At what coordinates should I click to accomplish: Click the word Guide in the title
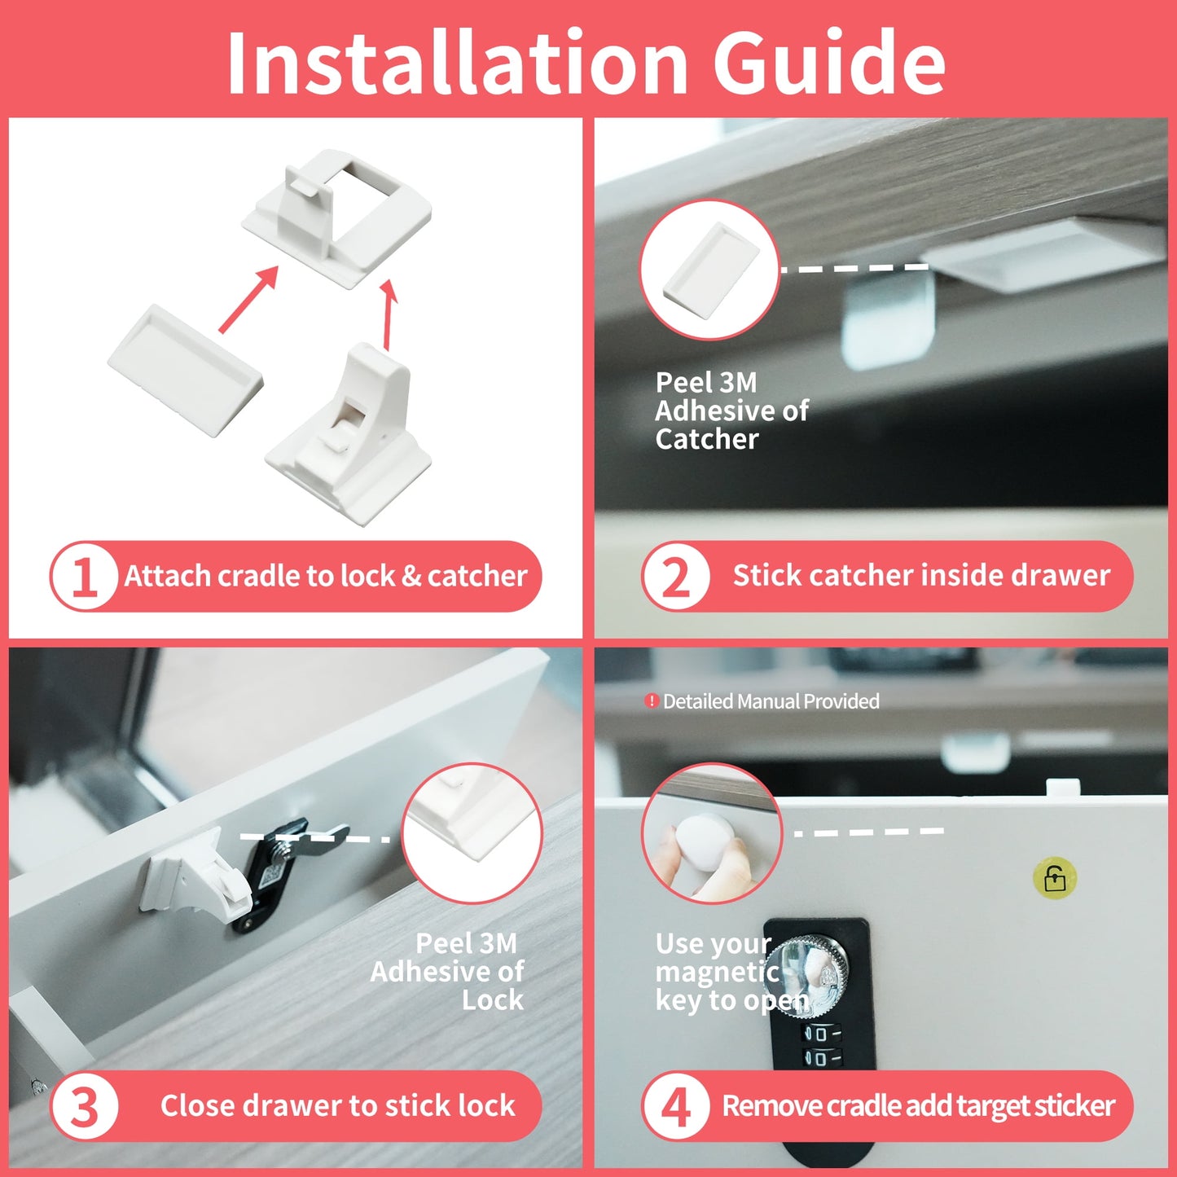(x=829, y=61)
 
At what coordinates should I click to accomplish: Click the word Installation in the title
(x=457, y=61)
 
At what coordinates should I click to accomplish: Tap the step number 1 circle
(x=85, y=576)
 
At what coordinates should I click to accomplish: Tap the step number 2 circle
(x=675, y=576)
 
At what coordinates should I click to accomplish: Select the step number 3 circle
(x=85, y=1106)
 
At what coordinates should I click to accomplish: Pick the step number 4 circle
(x=675, y=1106)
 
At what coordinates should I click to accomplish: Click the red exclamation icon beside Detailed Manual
(x=651, y=700)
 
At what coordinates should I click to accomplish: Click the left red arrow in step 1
(x=248, y=299)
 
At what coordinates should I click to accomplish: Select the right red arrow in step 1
(x=388, y=314)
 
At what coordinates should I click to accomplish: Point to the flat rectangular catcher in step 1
(x=185, y=370)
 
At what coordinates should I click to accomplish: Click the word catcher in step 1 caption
(x=477, y=576)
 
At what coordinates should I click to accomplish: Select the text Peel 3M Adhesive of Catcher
(x=731, y=411)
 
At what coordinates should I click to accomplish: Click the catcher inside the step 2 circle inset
(x=711, y=270)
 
